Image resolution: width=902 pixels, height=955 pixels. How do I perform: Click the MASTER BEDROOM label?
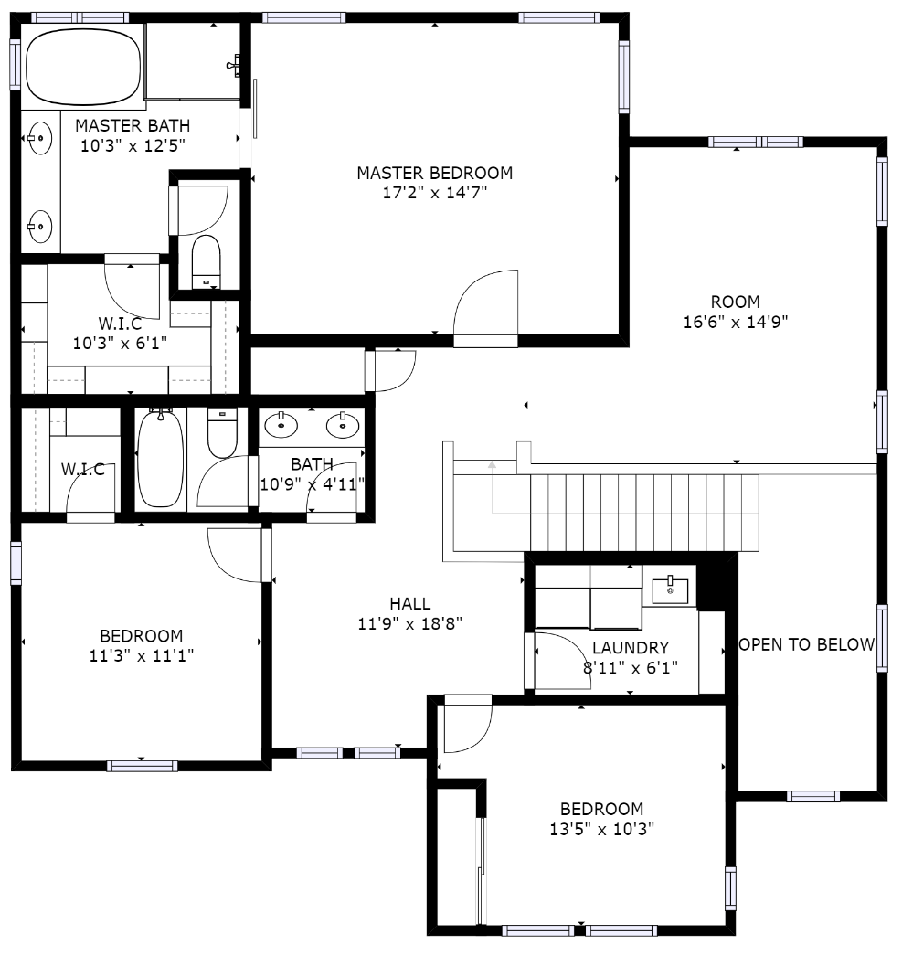(434, 173)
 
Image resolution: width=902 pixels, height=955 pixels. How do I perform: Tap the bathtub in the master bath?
(83, 67)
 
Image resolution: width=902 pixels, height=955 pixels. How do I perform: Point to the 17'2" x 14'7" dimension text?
(434, 193)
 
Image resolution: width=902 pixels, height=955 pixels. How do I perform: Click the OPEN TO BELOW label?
(806, 644)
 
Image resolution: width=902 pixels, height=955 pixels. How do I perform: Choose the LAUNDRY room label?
(631, 647)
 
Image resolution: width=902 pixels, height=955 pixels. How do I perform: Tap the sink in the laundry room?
(670, 590)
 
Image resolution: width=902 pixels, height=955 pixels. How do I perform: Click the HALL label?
(410, 603)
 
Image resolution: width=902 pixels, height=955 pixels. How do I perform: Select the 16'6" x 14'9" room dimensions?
(735, 322)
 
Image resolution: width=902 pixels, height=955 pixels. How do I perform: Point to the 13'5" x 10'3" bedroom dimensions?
(601, 829)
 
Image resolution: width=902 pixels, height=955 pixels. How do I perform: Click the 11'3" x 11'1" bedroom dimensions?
(142, 656)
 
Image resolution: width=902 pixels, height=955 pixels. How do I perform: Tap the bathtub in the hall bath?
(160, 460)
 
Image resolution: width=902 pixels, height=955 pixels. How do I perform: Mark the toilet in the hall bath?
(222, 432)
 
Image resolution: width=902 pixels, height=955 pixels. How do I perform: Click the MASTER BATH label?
(133, 125)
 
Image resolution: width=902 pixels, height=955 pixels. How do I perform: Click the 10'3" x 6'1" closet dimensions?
(120, 344)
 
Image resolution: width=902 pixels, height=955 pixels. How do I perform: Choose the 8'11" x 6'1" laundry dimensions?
(631, 668)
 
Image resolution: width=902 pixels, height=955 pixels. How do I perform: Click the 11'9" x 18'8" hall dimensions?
(410, 623)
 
